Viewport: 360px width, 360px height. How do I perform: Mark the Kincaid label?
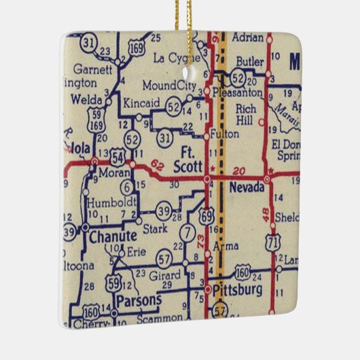pos(141,103)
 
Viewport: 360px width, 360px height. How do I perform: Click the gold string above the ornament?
pos(180,14)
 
